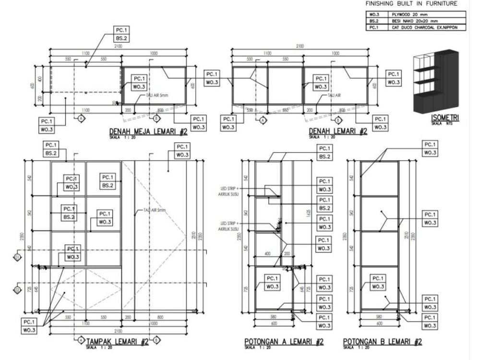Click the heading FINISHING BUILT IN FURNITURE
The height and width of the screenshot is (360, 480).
411,4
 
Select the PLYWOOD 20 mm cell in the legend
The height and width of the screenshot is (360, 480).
410,15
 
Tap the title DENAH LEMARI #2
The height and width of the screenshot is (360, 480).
338,131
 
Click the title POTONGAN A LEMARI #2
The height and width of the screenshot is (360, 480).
284,342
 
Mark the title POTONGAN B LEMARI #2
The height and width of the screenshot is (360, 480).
382,342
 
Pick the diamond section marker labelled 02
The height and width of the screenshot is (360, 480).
18,290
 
